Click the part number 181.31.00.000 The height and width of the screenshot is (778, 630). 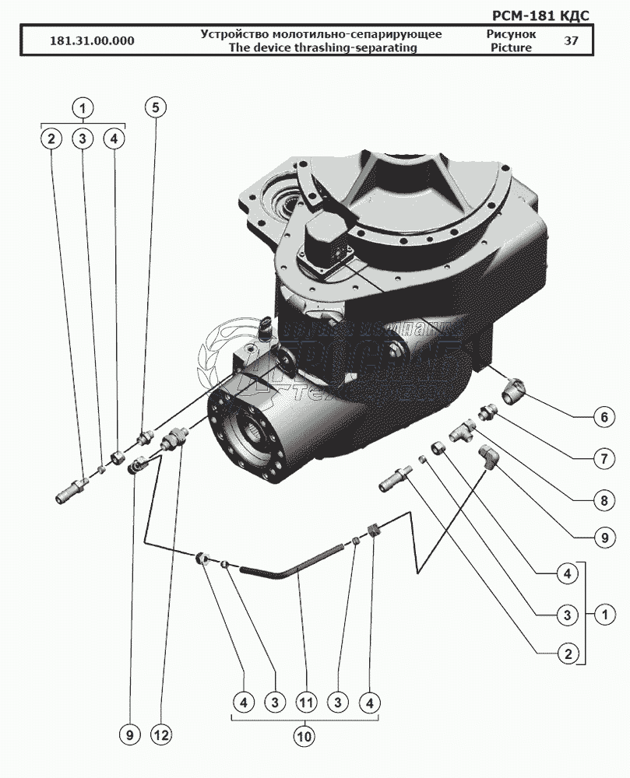(90, 41)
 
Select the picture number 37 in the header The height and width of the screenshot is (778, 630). (571, 41)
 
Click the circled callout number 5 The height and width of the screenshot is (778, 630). (155, 107)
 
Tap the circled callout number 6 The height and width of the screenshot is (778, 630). (602, 416)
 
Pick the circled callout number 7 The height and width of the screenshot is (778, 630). (602, 458)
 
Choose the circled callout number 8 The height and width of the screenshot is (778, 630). (602, 500)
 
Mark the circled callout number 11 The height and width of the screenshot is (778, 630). (306, 703)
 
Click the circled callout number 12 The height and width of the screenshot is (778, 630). (162, 734)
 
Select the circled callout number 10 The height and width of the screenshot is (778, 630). (305, 734)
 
